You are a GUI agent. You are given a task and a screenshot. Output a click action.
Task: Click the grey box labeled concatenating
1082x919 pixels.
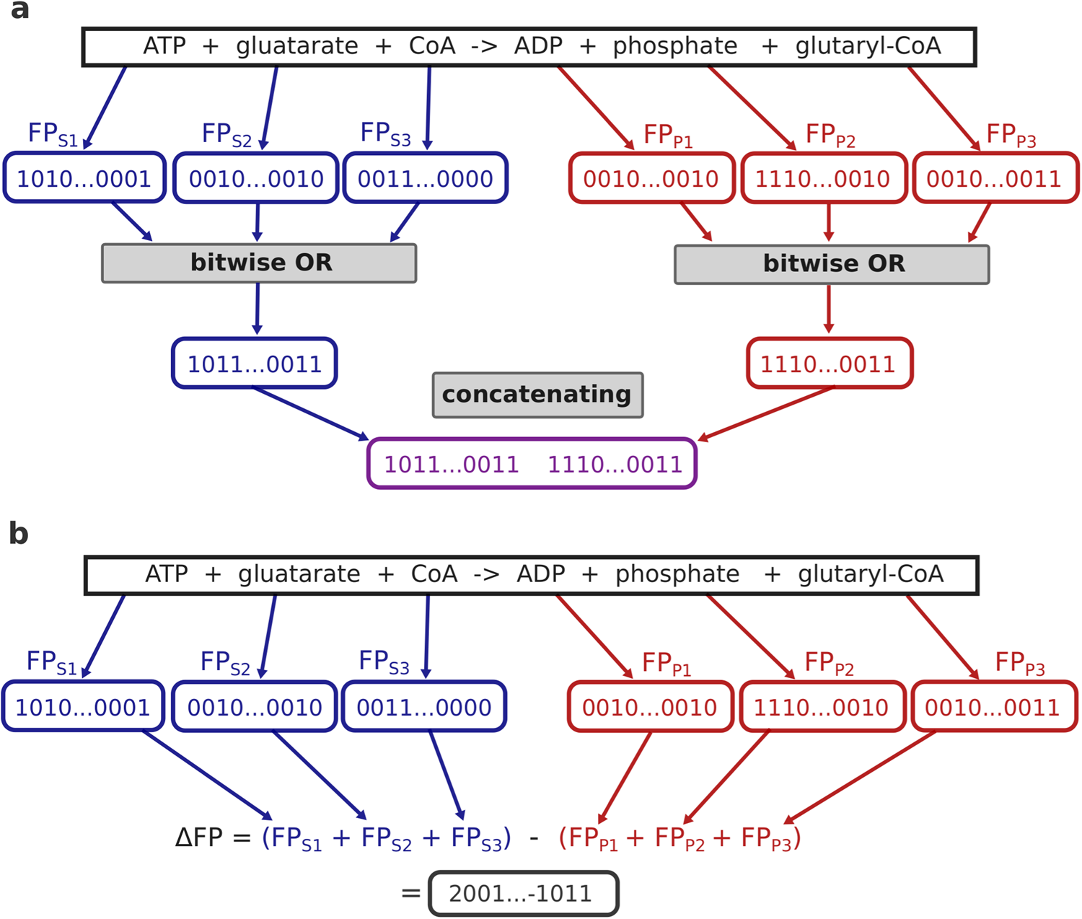coord(537,395)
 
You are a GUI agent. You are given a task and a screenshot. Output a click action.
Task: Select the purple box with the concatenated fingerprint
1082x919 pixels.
coord(532,464)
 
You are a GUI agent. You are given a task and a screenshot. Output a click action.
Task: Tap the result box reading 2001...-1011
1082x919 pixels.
coord(524,894)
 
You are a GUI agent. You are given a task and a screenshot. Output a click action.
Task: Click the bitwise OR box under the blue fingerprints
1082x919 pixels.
coord(259,263)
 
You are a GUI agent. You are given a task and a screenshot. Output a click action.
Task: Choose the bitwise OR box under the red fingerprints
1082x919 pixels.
coord(832,264)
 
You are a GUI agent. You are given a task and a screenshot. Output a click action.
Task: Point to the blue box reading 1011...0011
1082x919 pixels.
coord(255,364)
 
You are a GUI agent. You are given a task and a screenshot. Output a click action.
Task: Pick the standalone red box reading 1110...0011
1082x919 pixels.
coord(830,364)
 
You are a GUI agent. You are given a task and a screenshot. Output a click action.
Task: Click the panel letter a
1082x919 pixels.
coord(19,11)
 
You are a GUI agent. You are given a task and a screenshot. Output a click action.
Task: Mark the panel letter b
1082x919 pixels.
coord(19,533)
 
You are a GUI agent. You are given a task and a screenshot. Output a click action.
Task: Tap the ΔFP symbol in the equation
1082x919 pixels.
coord(198,838)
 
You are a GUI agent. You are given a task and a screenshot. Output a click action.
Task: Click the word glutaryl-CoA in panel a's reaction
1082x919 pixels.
coord(868,46)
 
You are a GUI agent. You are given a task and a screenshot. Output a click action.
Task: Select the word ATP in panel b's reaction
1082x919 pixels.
coord(167,574)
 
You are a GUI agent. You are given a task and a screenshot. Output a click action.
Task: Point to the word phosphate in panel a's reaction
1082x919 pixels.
coord(675,46)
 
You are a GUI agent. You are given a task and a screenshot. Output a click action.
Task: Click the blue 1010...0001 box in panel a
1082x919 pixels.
coord(84,178)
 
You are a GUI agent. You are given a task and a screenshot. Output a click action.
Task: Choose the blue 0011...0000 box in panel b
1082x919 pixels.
coord(424,707)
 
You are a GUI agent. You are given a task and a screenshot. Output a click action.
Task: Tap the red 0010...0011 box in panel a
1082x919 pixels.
coord(995,178)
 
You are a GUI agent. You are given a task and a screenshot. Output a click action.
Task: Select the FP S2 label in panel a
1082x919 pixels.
coord(226,135)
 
